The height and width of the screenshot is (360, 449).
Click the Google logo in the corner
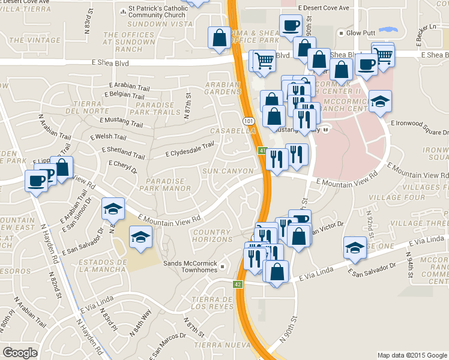[20, 352]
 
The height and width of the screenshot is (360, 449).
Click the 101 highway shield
[249, 121]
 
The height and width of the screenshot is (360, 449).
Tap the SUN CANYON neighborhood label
[227, 171]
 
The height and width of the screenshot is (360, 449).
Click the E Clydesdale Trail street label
[190, 149]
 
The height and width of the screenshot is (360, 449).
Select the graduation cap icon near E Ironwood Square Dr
[379, 102]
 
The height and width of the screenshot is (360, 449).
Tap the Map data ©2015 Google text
[412, 355]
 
